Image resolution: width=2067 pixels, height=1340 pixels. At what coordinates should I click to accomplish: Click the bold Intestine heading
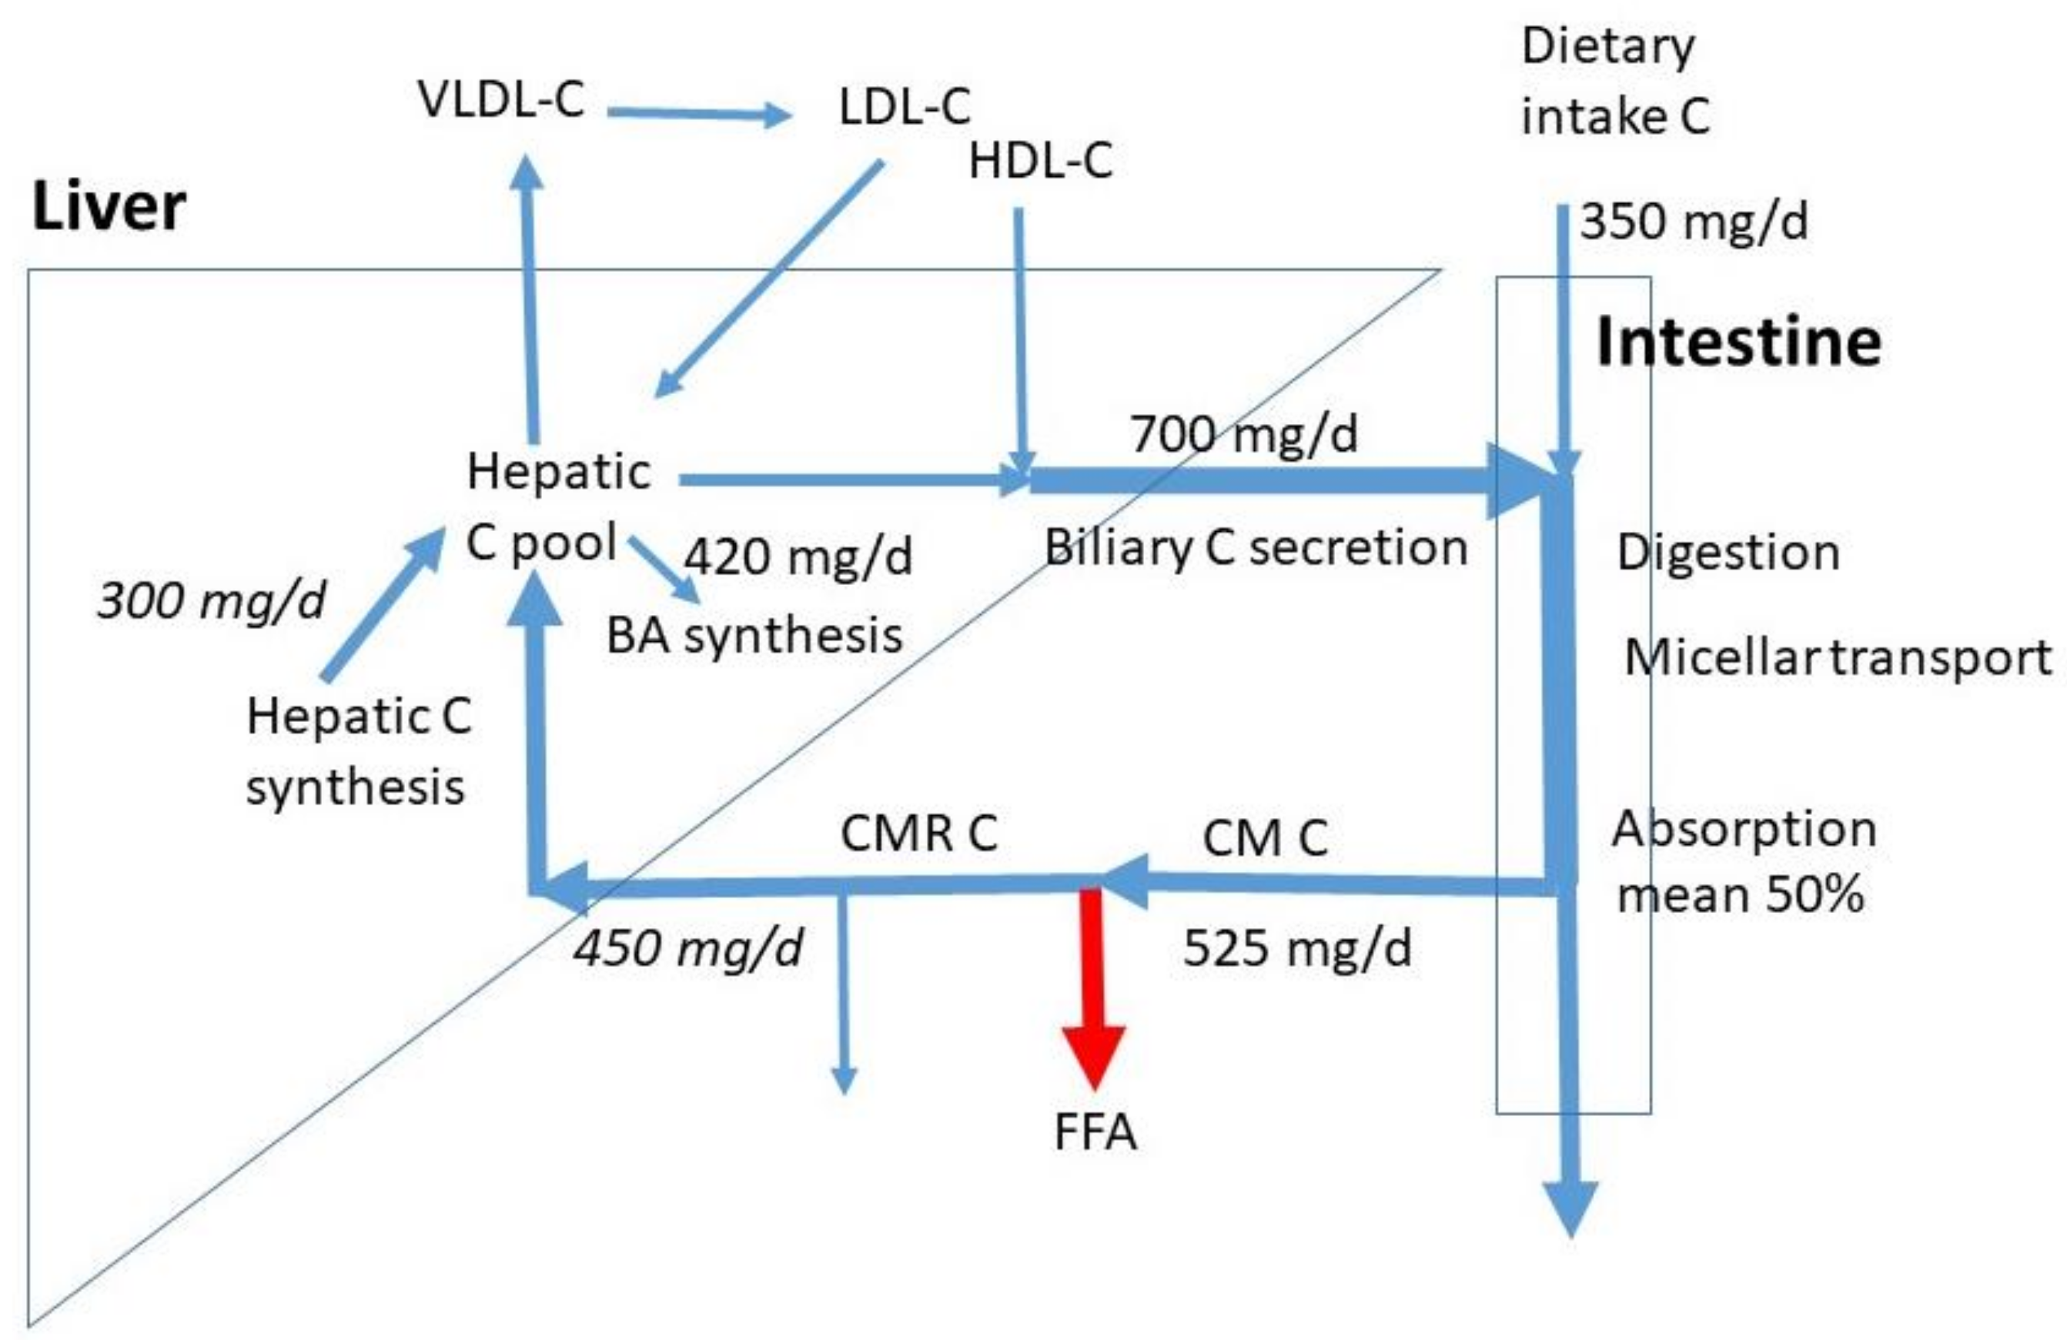tap(1739, 341)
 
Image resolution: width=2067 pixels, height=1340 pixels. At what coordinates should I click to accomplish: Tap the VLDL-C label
tap(501, 99)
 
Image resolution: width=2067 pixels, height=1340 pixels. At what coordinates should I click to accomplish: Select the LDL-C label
tap(904, 108)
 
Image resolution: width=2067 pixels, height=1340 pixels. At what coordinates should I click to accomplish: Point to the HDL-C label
tap(1039, 162)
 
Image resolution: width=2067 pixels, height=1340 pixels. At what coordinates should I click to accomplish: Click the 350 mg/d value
tap(1694, 221)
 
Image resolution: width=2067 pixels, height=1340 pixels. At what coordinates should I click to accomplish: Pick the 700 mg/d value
tap(1244, 433)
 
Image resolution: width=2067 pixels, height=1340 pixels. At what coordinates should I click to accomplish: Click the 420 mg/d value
tap(798, 556)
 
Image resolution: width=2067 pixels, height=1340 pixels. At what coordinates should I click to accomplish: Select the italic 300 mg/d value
tap(211, 600)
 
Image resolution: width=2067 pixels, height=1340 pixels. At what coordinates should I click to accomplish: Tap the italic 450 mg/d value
tap(687, 947)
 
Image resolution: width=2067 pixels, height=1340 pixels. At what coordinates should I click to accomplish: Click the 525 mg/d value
tap(1297, 947)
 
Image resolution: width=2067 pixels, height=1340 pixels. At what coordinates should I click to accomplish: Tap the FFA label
tap(1094, 1132)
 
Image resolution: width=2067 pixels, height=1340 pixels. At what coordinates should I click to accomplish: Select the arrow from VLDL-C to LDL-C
tap(699, 113)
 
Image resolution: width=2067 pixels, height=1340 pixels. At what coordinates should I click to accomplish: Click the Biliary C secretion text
tap(1256, 548)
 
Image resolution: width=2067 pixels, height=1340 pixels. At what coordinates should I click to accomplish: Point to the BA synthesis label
tap(754, 636)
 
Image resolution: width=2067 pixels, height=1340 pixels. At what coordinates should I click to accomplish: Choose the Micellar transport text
tap(1838, 657)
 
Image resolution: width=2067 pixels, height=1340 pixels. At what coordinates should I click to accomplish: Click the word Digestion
tap(1728, 553)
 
